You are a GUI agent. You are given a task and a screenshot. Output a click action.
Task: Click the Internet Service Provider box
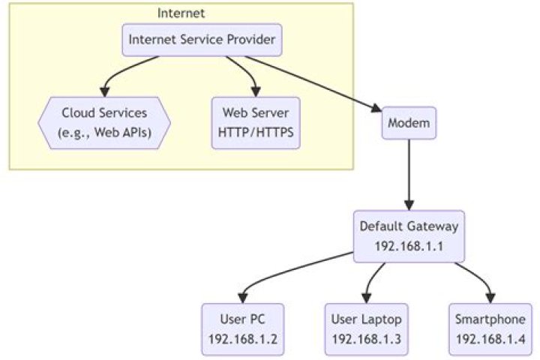[x=202, y=40]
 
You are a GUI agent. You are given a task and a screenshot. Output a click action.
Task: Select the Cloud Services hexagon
[x=104, y=123]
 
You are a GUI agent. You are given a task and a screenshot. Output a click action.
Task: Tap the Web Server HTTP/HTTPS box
[x=256, y=123]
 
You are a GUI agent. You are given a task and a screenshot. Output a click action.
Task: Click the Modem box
[x=409, y=123]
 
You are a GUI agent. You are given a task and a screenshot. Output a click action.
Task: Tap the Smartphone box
[x=490, y=329]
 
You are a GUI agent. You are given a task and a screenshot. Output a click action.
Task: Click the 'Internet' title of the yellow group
[x=181, y=13]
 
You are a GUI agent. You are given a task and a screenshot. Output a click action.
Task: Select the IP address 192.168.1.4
[x=490, y=339]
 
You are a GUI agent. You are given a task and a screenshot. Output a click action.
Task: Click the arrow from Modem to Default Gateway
[x=409, y=172]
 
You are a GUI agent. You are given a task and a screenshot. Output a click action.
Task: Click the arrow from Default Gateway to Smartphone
[x=472, y=274]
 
